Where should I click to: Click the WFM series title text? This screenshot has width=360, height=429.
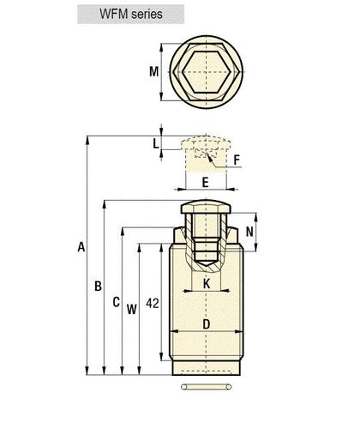131,14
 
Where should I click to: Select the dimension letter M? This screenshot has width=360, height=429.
153,71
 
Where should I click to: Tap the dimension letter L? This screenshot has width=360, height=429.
155,143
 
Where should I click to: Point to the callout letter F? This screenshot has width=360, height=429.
237,160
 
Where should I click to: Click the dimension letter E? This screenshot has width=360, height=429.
205,183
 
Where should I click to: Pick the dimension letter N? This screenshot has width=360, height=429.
249,232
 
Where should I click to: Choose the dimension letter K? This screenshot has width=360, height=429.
207,284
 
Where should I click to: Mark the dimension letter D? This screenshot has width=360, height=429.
206,324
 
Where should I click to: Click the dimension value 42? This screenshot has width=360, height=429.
153,303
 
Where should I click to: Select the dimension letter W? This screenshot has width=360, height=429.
132,309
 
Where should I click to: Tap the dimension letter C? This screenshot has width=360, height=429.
116,302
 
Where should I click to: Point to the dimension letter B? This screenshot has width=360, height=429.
98,286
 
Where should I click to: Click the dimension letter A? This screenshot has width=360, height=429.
81,247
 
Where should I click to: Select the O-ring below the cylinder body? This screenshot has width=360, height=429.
207,387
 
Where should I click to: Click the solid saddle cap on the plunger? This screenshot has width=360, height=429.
206,207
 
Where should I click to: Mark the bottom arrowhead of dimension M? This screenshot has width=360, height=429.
161,97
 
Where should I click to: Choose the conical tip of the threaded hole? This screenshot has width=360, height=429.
206,263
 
